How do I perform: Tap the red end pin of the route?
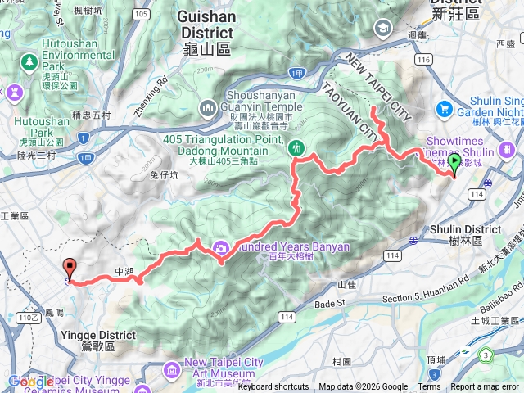point(70,268)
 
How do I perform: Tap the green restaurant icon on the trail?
point(296,148)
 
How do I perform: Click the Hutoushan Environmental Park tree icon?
point(29,61)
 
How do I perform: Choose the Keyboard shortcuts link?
point(273,386)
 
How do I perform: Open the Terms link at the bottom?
point(429,386)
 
